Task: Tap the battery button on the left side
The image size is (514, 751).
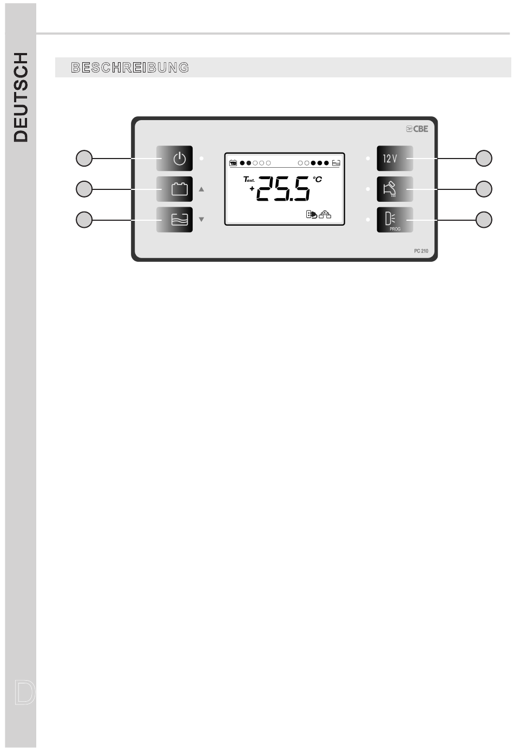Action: click(174, 189)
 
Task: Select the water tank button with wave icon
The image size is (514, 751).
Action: click(174, 220)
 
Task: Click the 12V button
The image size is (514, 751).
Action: click(394, 158)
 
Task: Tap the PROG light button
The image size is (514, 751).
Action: click(394, 220)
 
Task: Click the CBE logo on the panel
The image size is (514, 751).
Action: click(417, 129)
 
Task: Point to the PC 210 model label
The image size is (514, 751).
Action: click(421, 251)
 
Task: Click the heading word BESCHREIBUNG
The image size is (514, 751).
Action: click(130, 68)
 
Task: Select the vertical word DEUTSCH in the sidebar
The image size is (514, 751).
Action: click(21, 97)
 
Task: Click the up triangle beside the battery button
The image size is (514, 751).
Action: click(201, 189)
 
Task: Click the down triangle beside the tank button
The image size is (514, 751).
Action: click(201, 219)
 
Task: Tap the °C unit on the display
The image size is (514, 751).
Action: click(317, 180)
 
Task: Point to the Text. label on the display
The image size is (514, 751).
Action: click(249, 180)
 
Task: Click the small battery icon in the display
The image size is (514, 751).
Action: click(233, 163)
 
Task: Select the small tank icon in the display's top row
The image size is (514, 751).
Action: click(336, 163)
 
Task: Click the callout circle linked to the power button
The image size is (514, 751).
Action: click(84, 158)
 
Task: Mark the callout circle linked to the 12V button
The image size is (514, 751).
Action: click(484, 158)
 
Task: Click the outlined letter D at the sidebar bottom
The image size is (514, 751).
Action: click(24, 693)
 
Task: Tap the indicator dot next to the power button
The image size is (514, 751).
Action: click(201, 158)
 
